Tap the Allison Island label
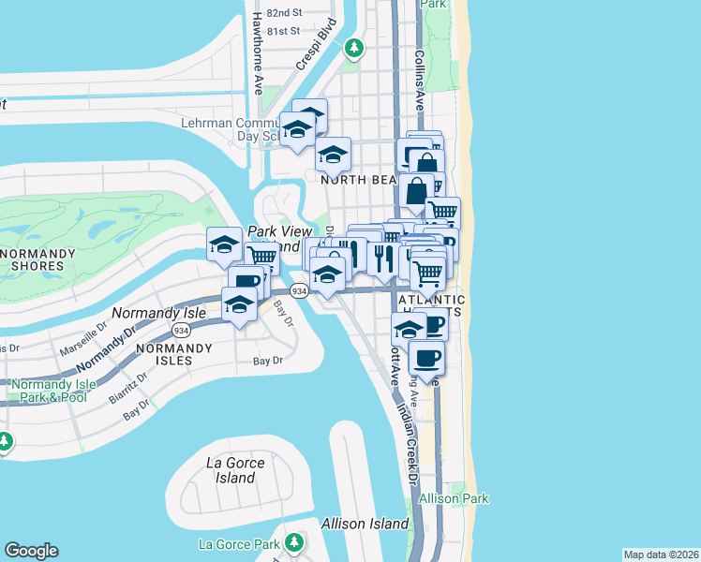365,524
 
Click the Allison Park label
454,499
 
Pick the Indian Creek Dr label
404,439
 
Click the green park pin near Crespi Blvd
353,47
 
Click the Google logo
31,551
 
